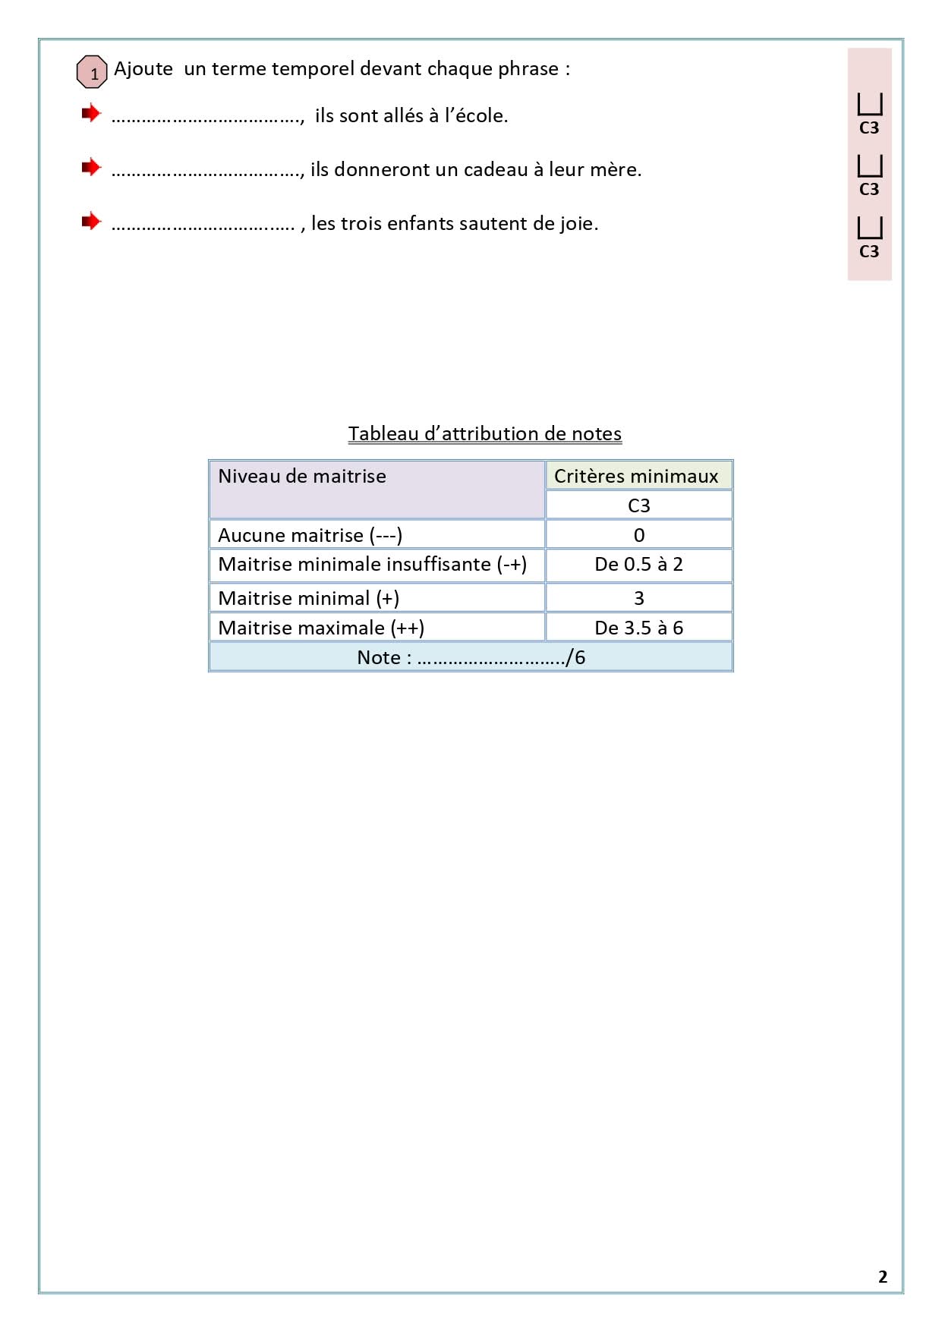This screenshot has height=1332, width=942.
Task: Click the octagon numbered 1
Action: click(92, 72)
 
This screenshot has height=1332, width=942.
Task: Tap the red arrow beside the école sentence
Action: click(91, 113)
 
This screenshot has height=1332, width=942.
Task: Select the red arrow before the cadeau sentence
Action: click(91, 167)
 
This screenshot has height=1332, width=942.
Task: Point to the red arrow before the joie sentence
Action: click(91, 221)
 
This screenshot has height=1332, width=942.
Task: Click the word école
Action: click(481, 115)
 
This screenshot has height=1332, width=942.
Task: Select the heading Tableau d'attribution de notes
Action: click(484, 433)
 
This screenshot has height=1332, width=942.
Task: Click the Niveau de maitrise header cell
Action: click(376, 490)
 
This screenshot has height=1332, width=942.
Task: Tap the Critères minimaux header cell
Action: click(638, 476)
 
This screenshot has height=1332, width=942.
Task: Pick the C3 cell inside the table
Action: click(638, 505)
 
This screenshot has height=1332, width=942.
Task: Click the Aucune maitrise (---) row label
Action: click(310, 535)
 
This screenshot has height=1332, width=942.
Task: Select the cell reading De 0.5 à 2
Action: click(638, 564)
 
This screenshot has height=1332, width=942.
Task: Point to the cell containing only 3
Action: click(638, 598)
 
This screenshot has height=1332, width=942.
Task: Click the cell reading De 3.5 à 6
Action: click(638, 628)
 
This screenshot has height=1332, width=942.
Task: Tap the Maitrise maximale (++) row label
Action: click(321, 628)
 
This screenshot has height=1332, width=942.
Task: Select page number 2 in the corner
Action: click(882, 1277)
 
